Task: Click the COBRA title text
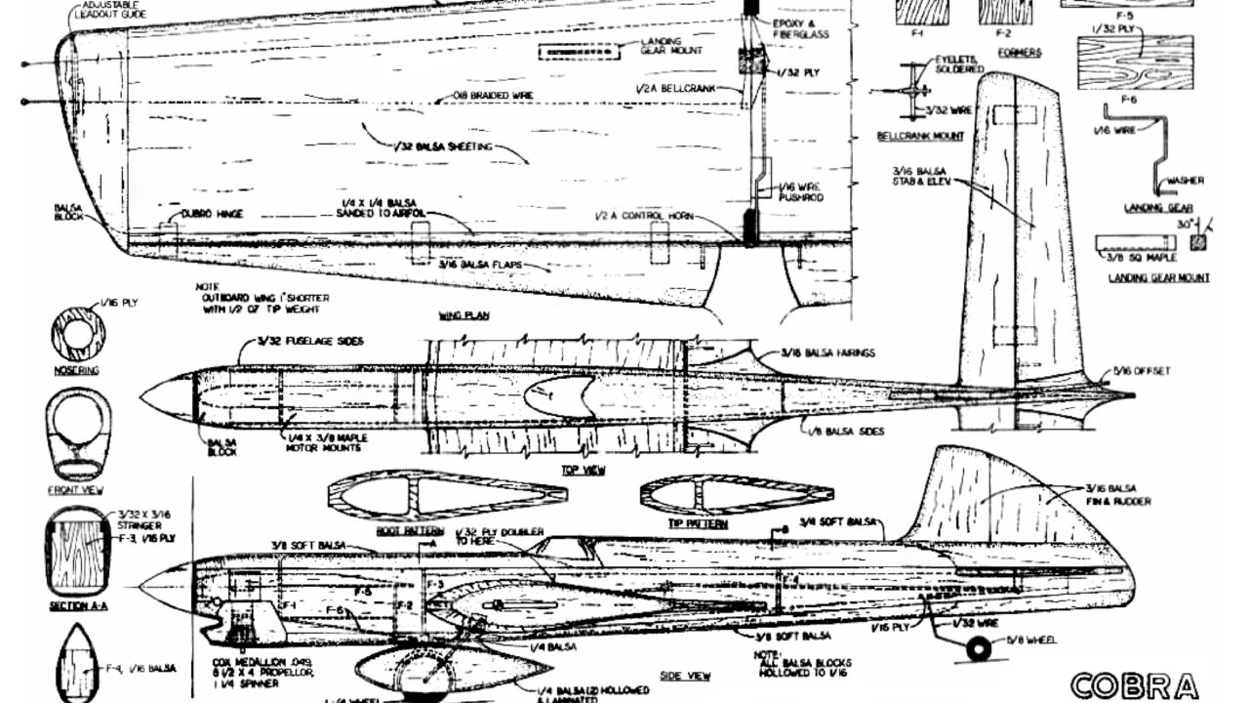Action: tap(1133, 685)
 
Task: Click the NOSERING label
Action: tap(78, 371)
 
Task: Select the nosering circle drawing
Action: tap(78, 335)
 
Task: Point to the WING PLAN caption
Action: tap(464, 316)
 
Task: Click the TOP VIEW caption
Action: tap(584, 470)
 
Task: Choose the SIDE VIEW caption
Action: tap(687, 676)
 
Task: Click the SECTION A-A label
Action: tap(77, 605)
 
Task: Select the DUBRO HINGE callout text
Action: tap(213, 214)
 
